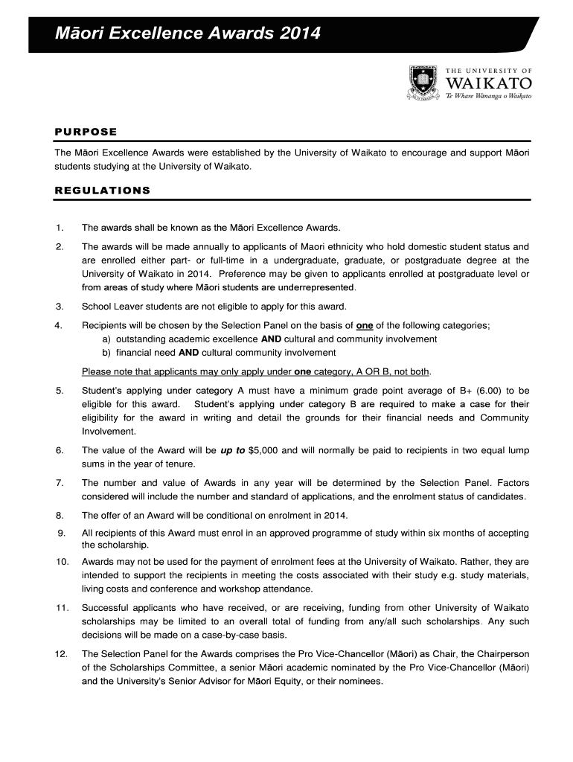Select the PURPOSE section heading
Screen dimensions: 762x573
(86, 132)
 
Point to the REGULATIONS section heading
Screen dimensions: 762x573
(103, 190)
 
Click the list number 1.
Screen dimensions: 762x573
(59, 227)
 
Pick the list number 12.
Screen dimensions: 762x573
(62, 654)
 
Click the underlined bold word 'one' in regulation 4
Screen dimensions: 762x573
(365, 325)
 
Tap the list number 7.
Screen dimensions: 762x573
(59, 483)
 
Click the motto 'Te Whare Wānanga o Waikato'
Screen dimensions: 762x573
(488, 97)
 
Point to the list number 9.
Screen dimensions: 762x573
(60, 533)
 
